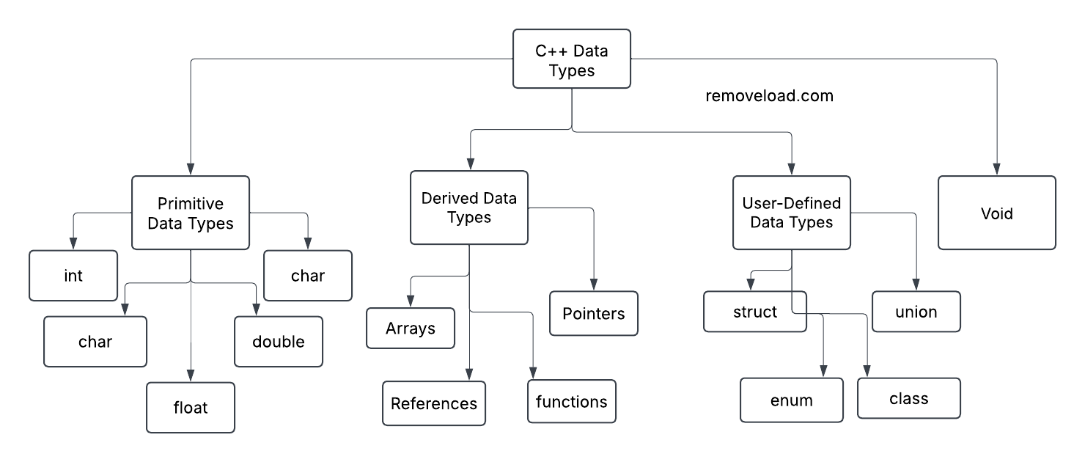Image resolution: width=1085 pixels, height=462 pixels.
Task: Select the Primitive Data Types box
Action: [x=191, y=213]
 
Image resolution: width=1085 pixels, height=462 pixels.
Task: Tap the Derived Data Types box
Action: [x=468, y=208]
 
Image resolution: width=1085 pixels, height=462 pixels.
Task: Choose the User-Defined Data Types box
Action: [x=792, y=212]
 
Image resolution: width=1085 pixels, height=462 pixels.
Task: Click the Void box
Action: [x=996, y=213]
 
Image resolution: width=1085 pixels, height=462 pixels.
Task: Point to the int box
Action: [x=73, y=276]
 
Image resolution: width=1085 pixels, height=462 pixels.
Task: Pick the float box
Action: [x=191, y=407]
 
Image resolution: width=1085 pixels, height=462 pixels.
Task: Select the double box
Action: [x=279, y=342]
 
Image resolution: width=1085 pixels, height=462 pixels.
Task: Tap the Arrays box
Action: [x=411, y=329]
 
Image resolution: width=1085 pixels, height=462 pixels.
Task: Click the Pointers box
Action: [x=594, y=314]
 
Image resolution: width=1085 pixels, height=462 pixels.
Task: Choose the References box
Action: [x=434, y=403]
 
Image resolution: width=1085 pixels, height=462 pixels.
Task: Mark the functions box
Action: [x=572, y=401]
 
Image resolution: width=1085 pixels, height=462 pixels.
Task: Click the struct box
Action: [x=755, y=312]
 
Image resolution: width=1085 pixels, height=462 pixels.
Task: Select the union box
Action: [x=916, y=312]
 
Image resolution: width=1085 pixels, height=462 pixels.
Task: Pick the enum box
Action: [x=792, y=400]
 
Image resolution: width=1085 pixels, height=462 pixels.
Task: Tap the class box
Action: [x=909, y=398]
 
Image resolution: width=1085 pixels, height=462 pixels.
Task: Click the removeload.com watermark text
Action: [x=769, y=96]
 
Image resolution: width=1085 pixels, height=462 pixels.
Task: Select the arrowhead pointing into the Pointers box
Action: [x=594, y=285]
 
